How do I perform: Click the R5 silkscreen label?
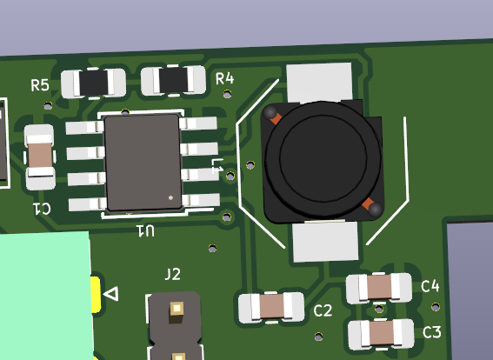pyautogui.click(x=40, y=85)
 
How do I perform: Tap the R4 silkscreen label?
pyautogui.click(x=225, y=78)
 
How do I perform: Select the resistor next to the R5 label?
pyautogui.click(x=93, y=83)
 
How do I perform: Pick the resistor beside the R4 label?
pyautogui.click(x=173, y=80)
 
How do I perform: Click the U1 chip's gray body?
pyautogui.click(x=143, y=163)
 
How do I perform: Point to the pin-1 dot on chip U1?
pyautogui.click(x=170, y=197)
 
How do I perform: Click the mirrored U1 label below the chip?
pyautogui.click(x=145, y=231)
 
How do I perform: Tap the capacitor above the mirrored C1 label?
pyautogui.click(x=40, y=157)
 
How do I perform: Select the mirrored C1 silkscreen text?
pyautogui.click(x=42, y=209)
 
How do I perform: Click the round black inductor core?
pyautogui.click(x=323, y=159)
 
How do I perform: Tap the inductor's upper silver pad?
pyautogui.click(x=319, y=83)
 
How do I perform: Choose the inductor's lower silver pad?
pyautogui.click(x=325, y=241)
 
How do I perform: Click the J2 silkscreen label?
pyautogui.click(x=173, y=274)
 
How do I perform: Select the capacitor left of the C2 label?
pyautogui.click(x=271, y=307)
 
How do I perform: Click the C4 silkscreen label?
pyautogui.click(x=430, y=286)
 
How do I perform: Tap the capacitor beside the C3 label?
pyautogui.click(x=381, y=334)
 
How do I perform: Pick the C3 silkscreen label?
pyautogui.click(x=432, y=332)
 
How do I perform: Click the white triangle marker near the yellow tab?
pyautogui.click(x=111, y=294)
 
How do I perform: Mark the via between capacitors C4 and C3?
pyautogui.click(x=379, y=310)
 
